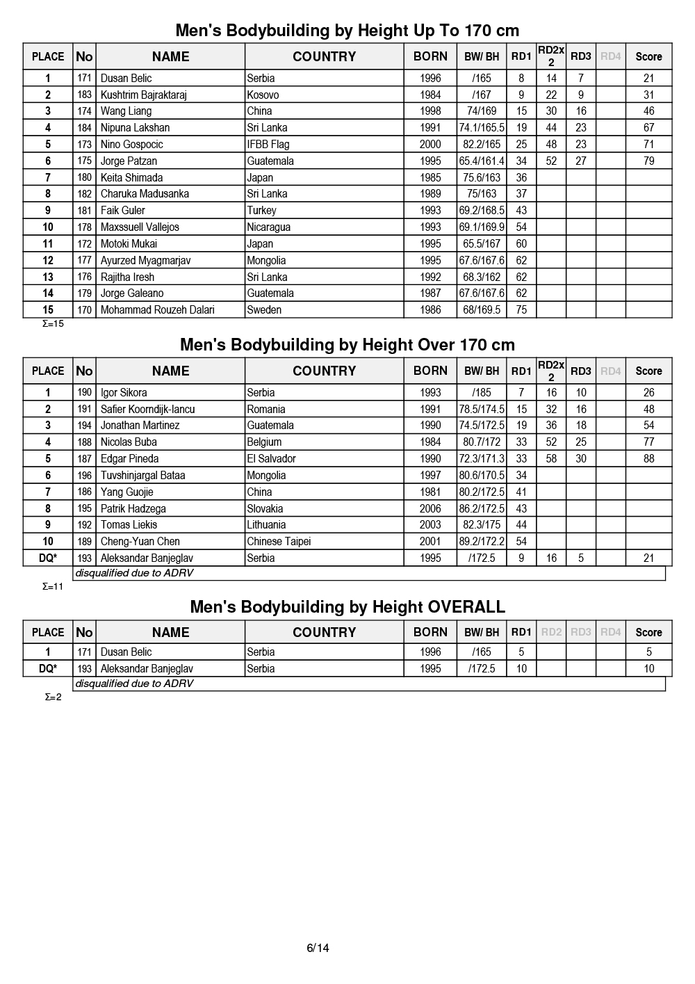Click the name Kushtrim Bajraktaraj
(x=143, y=95)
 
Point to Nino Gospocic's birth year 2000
(x=430, y=145)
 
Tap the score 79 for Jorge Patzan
(x=648, y=161)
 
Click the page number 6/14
(x=318, y=948)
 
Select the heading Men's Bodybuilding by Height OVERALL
(x=347, y=607)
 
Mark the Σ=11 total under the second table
(x=53, y=586)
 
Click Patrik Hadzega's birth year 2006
(x=430, y=509)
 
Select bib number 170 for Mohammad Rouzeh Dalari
(x=84, y=310)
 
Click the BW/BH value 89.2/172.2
(x=482, y=542)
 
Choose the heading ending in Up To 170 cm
(x=347, y=31)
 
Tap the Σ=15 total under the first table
(x=53, y=323)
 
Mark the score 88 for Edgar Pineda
(x=648, y=459)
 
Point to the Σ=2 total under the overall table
(x=53, y=697)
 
